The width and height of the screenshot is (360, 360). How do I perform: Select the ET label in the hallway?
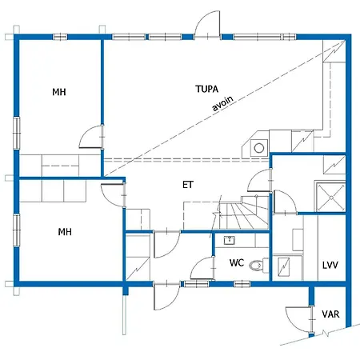[188, 185]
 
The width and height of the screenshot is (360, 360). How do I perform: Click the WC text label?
[237, 262]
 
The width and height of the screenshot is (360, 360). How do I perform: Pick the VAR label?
[330, 314]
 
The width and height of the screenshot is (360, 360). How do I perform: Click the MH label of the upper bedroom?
[59, 93]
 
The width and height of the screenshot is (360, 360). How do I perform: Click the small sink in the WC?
[229, 240]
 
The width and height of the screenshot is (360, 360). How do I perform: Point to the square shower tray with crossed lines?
[329, 195]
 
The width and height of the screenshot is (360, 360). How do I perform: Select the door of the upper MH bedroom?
[93, 138]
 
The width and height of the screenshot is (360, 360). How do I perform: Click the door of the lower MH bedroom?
[114, 194]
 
